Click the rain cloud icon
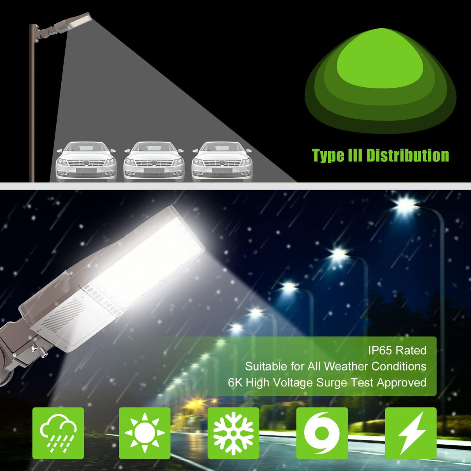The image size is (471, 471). click(x=58, y=433)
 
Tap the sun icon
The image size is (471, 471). click(x=144, y=433)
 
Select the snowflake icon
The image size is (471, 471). click(x=233, y=433)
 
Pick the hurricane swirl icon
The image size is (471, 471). click(x=322, y=433)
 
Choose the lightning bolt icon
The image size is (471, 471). click(x=410, y=433)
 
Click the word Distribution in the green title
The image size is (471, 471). click(x=407, y=155)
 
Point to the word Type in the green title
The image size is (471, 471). click(x=328, y=156)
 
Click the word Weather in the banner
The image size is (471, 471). click(x=346, y=366)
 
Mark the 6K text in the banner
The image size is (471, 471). click(x=235, y=383)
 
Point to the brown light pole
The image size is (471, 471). click(x=32, y=116)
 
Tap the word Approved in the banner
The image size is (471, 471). click(x=402, y=383)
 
